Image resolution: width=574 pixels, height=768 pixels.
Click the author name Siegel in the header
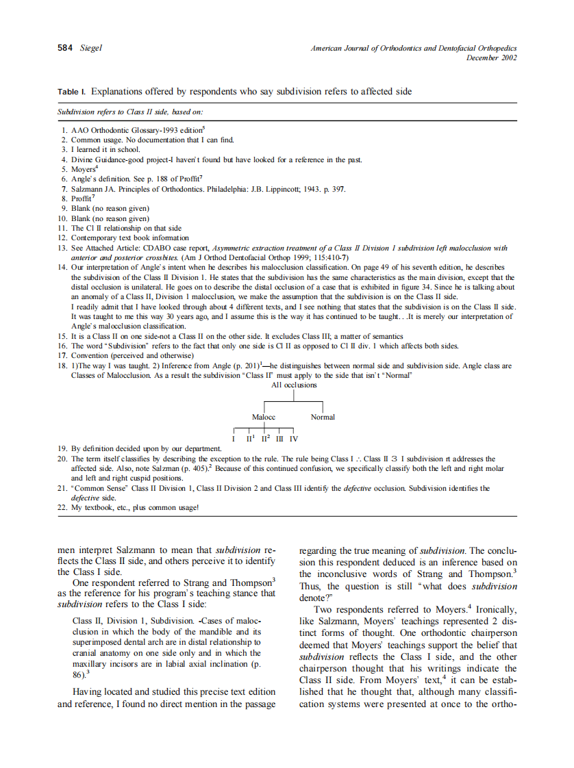click(90, 48)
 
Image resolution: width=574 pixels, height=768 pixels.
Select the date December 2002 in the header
click(491, 57)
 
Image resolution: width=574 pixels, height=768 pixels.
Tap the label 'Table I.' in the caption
click(72, 91)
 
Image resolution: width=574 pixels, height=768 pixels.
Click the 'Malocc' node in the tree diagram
click(264, 417)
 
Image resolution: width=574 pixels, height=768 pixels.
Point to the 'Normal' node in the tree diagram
click(323, 417)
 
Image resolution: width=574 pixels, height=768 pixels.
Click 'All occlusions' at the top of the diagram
click(294, 385)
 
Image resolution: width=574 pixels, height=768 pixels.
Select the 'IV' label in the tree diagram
click(294, 438)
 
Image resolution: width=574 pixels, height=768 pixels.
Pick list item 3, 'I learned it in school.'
click(105, 149)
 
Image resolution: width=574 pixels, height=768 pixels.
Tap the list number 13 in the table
click(62, 248)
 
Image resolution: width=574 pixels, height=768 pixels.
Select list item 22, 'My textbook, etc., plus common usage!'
click(134, 507)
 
